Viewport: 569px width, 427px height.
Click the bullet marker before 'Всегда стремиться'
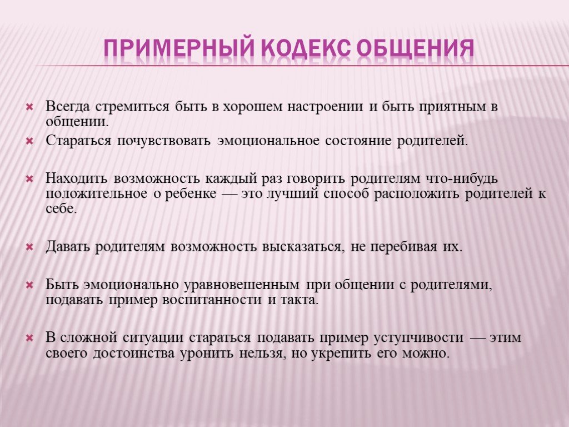tap(29, 107)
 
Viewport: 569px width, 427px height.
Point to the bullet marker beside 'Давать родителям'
tap(29, 247)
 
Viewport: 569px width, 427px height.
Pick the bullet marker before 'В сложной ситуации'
tap(29, 338)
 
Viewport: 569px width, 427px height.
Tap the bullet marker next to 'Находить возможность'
tap(29, 179)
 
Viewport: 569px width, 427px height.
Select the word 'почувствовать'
tap(164, 141)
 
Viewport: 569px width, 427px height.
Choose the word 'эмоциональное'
tap(268, 141)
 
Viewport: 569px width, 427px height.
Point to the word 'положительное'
tap(97, 194)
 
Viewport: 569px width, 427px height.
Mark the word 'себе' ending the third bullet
tap(61, 209)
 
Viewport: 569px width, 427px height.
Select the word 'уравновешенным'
tap(242, 285)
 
